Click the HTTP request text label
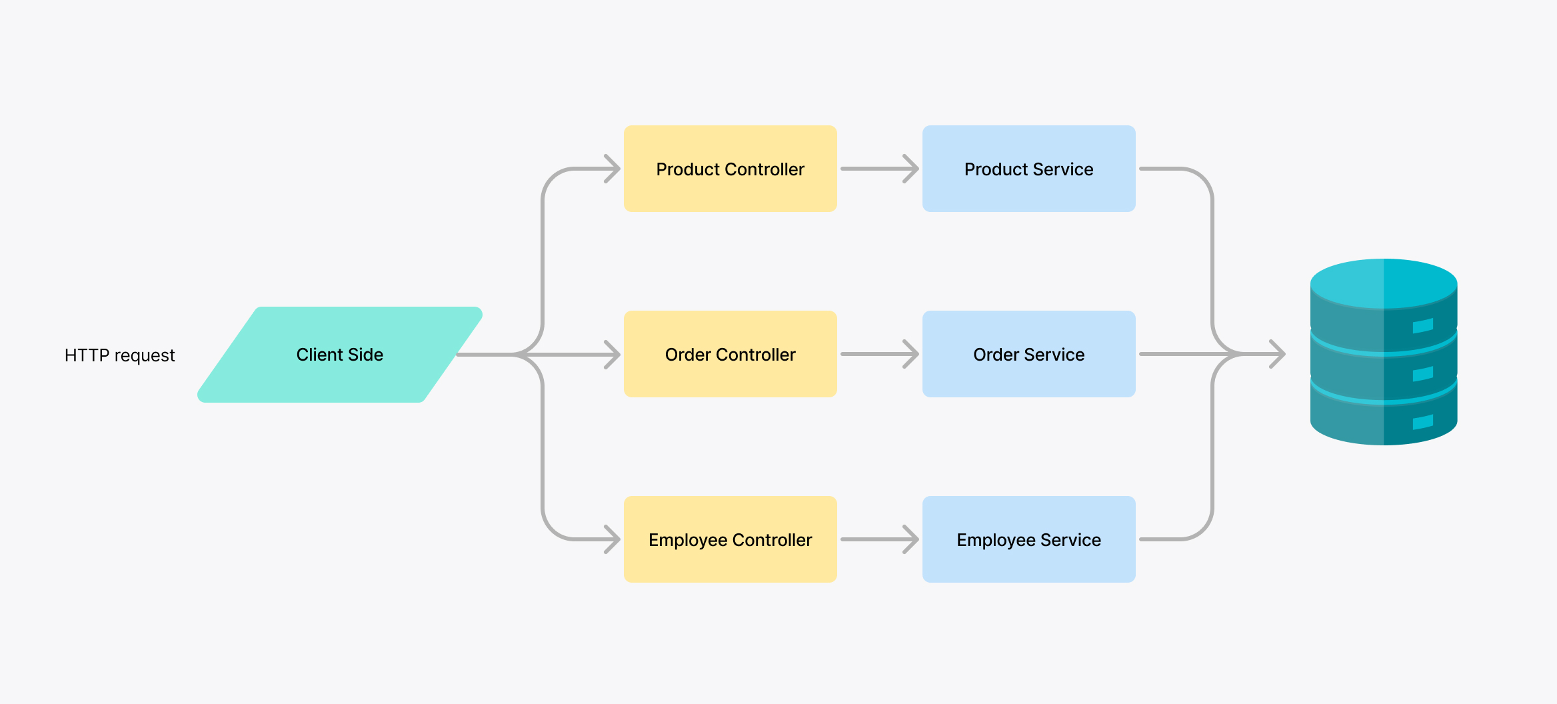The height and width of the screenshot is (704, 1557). click(120, 355)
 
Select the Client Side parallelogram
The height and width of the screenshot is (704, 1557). click(340, 355)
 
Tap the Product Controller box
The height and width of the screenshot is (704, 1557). click(731, 169)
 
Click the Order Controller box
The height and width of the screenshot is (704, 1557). click(731, 354)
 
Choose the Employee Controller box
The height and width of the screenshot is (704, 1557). click(731, 539)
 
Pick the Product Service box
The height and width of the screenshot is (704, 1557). click(1029, 169)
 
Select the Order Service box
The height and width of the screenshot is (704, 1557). click(1029, 354)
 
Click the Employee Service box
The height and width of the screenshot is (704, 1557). click(1029, 539)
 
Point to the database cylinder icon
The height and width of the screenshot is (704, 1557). click(1384, 352)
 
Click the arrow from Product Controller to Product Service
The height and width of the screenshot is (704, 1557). click(880, 169)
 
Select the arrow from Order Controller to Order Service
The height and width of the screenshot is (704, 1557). click(880, 354)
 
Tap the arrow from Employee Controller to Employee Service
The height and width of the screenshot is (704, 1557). click(880, 539)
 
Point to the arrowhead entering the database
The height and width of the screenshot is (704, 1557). click(1278, 354)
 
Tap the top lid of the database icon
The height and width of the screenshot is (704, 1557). click(1384, 283)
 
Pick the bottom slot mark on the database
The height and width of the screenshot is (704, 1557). click(1423, 422)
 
